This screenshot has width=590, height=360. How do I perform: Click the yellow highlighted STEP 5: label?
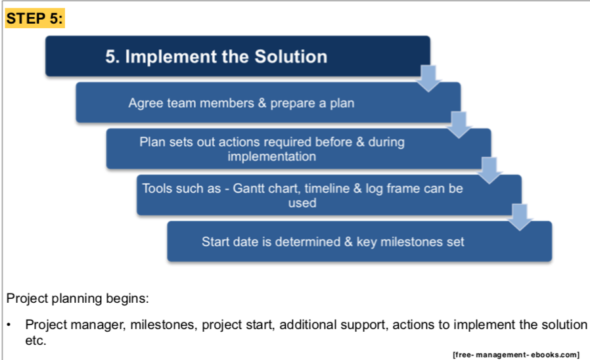pos(35,18)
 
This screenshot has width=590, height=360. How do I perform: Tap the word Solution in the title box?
pos(291,56)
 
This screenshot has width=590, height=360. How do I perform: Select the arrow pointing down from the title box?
pos(428,78)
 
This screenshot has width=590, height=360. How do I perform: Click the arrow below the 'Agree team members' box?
pos(459,125)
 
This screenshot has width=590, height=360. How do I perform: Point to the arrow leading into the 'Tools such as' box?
pos(489,170)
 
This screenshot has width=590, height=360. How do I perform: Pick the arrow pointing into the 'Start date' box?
pos(520,217)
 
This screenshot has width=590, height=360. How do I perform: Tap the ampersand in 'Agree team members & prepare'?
pos(262,103)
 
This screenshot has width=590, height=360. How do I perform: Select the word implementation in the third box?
pos(271,156)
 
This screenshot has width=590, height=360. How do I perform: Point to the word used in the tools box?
pos(302,203)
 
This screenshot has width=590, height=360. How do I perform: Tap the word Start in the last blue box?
pos(215,242)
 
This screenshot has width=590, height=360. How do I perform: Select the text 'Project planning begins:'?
pos(78,298)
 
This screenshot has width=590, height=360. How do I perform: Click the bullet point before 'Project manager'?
pos(9,325)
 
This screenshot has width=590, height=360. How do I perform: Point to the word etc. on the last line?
pos(35,341)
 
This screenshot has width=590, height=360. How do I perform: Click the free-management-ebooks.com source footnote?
pos(516,354)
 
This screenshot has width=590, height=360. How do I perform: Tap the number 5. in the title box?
pos(112,56)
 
